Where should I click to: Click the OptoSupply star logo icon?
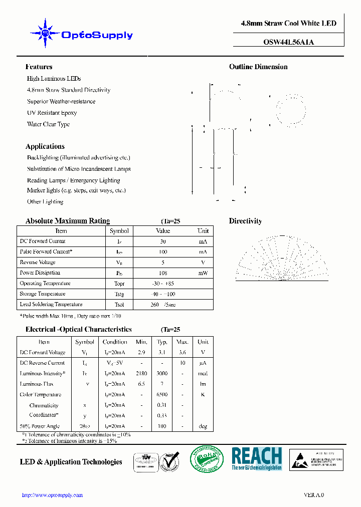point(45,33)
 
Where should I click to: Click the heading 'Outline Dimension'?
point(258,67)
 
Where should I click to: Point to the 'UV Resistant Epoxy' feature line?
point(52,113)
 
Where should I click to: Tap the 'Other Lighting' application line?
point(45,201)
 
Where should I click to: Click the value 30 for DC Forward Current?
point(163,241)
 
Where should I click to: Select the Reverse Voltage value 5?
point(163,263)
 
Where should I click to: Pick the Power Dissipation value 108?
point(163,273)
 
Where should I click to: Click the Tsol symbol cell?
point(119,305)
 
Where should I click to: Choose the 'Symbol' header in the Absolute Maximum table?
point(119,231)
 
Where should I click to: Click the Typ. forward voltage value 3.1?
point(162,353)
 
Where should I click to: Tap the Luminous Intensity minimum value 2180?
point(141,374)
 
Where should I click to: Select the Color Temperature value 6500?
point(162,394)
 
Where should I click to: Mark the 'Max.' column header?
point(182,342)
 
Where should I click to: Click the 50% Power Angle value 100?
point(162,426)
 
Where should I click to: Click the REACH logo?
point(256,458)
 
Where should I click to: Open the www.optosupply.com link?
point(53,495)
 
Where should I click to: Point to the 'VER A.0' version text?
point(314,495)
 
